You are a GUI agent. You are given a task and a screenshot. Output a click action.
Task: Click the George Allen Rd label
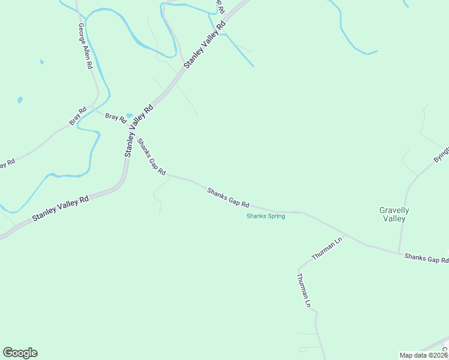click(x=85, y=47)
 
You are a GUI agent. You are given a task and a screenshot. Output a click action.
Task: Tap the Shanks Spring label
click(x=265, y=216)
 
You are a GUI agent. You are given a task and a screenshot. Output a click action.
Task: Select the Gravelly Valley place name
click(x=394, y=214)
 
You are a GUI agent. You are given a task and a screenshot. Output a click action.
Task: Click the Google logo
click(x=20, y=353)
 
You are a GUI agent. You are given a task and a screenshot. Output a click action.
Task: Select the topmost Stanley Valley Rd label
click(x=205, y=44)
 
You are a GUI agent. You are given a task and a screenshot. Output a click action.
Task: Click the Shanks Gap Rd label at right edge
click(x=426, y=259)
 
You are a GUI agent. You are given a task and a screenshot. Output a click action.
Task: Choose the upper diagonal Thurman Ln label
click(x=326, y=249)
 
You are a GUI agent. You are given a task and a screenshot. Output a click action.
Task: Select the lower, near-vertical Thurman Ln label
click(x=304, y=290)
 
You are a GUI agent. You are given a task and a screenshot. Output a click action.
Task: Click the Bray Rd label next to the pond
click(x=115, y=116)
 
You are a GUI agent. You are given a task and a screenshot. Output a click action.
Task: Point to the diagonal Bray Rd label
click(x=78, y=116)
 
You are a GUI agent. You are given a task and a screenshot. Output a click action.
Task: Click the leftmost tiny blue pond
click(x=20, y=100)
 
